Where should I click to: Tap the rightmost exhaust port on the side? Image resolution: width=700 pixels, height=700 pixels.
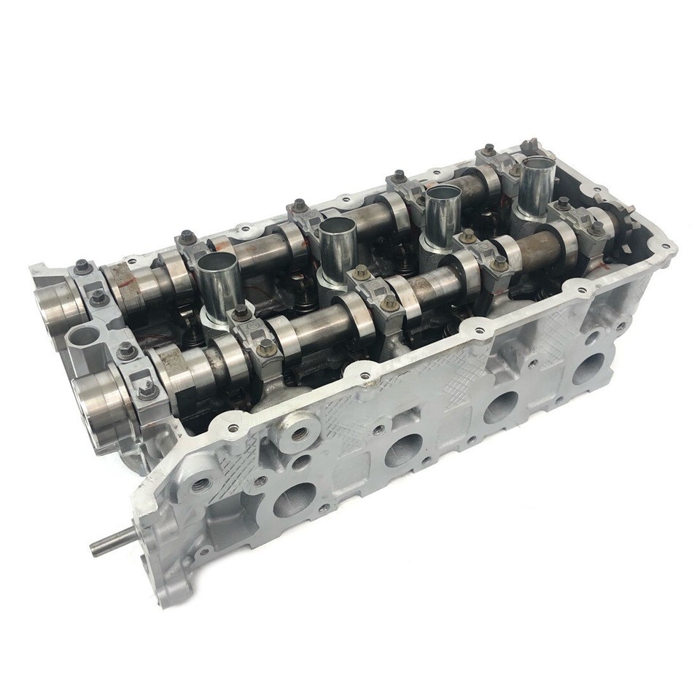[x=588, y=369]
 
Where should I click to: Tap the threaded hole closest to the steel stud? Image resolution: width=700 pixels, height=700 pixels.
[x=198, y=485]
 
